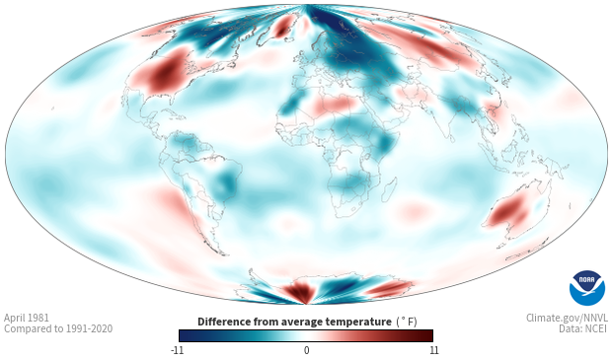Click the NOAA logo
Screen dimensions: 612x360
pos(587,288)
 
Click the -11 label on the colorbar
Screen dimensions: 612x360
pos(177,350)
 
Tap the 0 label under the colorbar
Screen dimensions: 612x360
pos(306,350)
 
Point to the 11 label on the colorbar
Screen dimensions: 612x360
pos(433,350)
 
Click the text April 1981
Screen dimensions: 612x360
pos(27,318)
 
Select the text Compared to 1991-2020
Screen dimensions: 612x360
pos(58,328)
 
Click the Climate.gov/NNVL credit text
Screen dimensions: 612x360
pos(567,318)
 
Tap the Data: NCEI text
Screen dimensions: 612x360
pos(583,328)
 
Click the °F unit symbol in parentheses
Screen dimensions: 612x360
pos(407,322)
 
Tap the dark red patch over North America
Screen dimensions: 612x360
pos(163,73)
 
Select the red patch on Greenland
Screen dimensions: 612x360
pos(282,27)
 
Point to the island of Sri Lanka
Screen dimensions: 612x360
pos(452,138)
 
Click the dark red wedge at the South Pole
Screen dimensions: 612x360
pos(297,292)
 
